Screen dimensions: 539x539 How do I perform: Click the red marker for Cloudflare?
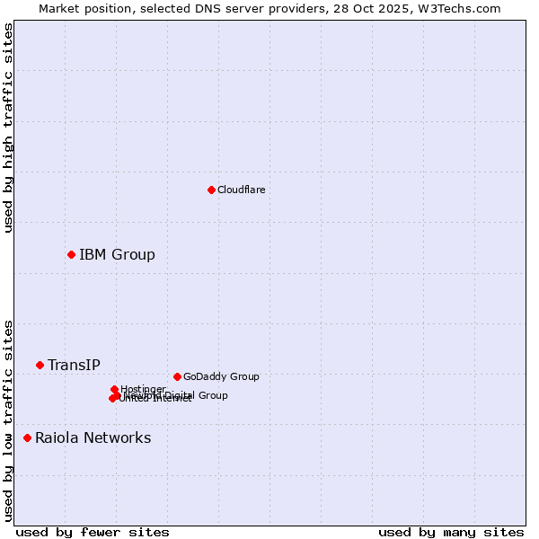pos(211,190)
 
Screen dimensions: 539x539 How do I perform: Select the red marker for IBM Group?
pos(71,255)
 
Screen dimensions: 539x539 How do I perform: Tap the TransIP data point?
pos(40,365)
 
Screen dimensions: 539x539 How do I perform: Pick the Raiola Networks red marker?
pos(27,438)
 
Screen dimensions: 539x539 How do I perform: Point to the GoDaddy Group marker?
pos(177,376)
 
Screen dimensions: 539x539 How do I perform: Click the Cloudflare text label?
pos(241,190)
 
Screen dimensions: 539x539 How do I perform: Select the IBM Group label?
pos(117,255)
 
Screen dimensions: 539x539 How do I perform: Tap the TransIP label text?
pos(74,365)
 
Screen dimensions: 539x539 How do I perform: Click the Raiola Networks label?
pos(93,438)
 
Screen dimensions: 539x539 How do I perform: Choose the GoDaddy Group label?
pos(220,376)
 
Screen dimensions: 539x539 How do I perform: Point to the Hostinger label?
pos(143,389)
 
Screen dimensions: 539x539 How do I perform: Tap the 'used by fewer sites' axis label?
pos(93,532)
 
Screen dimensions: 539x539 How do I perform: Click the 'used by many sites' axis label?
pos(451,532)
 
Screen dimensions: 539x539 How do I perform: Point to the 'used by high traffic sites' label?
pos(8,128)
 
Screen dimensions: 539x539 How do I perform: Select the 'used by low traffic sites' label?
pos(8,420)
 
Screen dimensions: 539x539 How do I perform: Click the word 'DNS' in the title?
pos(202,8)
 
